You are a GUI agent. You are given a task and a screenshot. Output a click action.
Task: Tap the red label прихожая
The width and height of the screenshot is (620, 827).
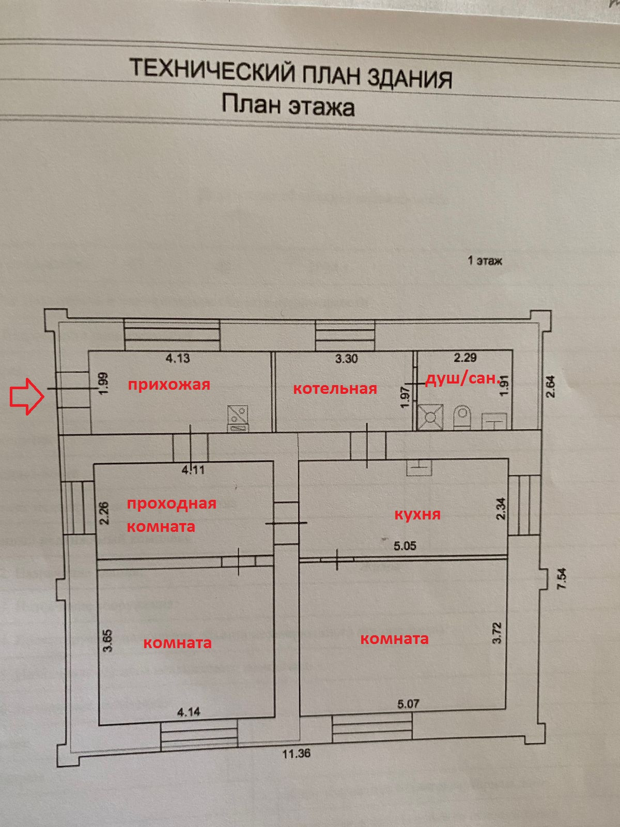(x=169, y=385)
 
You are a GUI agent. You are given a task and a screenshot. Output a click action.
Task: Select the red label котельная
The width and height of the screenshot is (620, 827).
(x=335, y=389)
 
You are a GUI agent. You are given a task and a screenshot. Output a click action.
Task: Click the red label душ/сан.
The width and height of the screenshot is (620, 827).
(x=461, y=379)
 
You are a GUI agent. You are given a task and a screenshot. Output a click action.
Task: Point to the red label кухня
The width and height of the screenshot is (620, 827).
(x=417, y=514)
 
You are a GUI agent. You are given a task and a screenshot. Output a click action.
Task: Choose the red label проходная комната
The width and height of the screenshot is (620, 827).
(x=171, y=515)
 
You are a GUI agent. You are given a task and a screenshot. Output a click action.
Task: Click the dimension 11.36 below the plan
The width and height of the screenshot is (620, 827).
(x=296, y=754)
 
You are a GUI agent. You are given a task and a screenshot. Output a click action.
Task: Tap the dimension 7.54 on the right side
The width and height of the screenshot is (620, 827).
(x=562, y=578)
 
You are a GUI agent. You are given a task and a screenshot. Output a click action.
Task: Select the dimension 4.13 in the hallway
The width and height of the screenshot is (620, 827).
(x=177, y=358)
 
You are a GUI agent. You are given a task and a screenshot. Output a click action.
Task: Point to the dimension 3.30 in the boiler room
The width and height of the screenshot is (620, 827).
(x=346, y=358)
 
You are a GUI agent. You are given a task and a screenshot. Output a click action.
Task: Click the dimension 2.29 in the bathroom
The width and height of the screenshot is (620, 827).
(x=464, y=357)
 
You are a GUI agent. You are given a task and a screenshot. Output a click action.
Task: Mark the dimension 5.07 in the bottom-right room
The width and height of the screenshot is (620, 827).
(x=408, y=703)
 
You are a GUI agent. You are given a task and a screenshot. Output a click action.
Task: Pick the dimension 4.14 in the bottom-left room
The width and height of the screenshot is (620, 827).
(x=189, y=712)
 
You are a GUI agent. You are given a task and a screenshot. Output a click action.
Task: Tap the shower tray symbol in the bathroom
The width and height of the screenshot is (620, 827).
(x=431, y=417)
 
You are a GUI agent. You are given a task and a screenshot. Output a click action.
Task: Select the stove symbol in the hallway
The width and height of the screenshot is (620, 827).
(x=238, y=419)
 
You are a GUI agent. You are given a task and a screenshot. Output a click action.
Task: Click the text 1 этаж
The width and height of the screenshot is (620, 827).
(x=485, y=261)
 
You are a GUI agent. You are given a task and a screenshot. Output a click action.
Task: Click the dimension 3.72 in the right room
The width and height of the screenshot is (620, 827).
(x=497, y=633)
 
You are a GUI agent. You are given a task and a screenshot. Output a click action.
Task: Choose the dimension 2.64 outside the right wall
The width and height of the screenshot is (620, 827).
(x=551, y=386)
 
